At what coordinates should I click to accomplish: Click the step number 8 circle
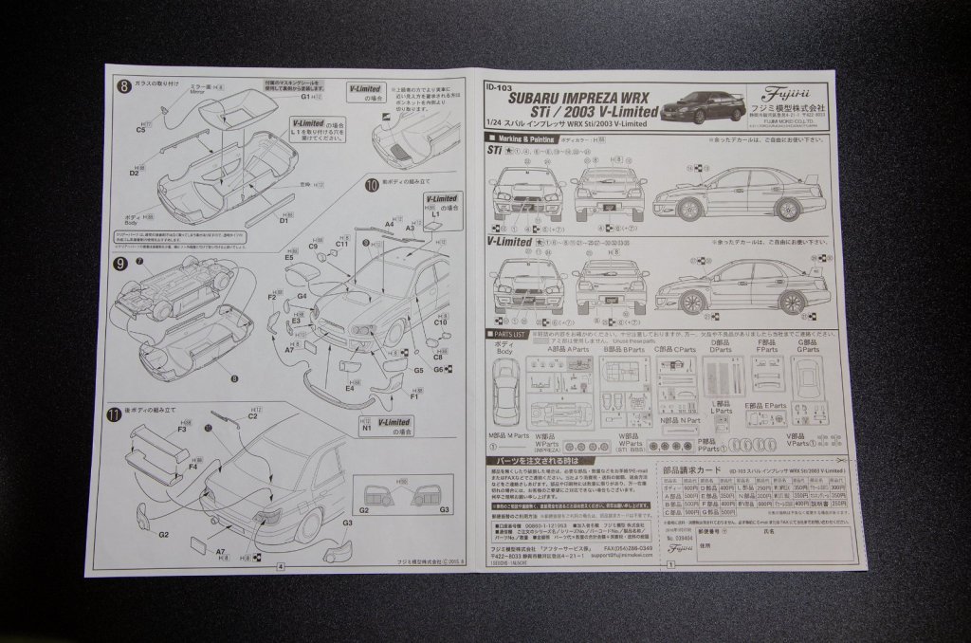pos(124,86)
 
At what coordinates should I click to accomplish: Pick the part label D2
pos(135,173)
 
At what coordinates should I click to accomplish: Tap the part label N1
pos(365,429)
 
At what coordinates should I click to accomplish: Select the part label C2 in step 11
pos(253,415)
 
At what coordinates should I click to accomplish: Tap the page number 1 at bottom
pos(670,565)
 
